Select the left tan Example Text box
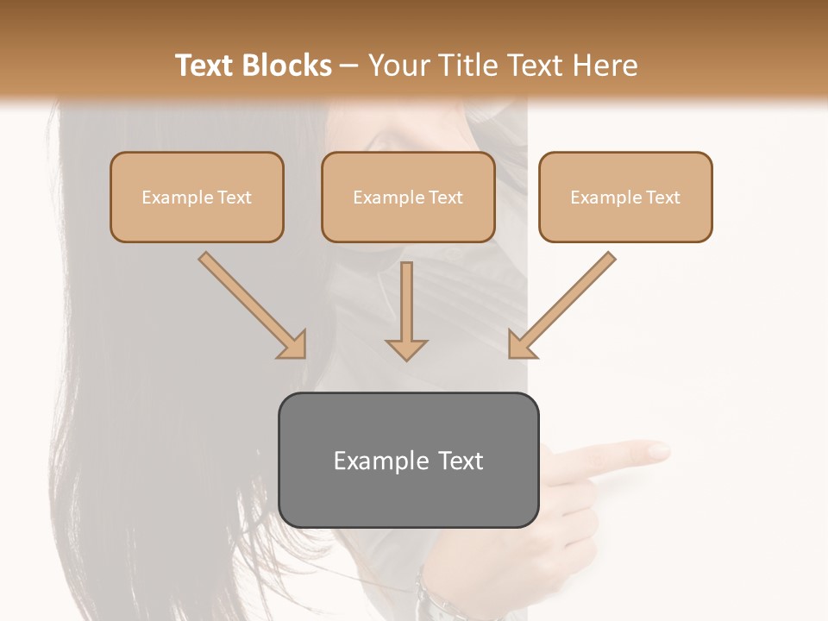click(x=197, y=197)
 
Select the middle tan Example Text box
click(x=408, y=197)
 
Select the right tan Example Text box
click(x=625, y=197)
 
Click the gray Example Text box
click(x=408, y=460)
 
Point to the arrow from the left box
click(x=250, y=303)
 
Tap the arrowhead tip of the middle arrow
click(x=406, y=357)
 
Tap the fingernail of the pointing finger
click(x=660, y=449)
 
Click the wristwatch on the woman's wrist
click(x=431, y=599)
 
